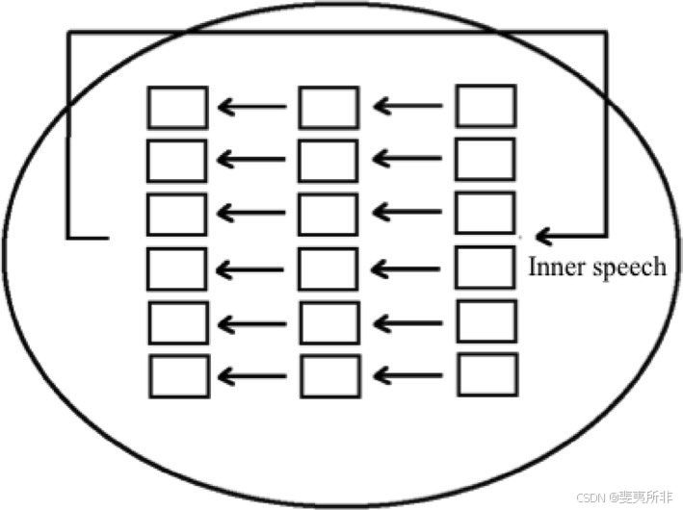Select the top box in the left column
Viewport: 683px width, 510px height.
tap(177, 107)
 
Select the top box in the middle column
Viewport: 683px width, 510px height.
tap(328, 107)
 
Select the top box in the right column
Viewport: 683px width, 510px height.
tap(486, 106)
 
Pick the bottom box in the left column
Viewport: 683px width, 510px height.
tap(179, 376)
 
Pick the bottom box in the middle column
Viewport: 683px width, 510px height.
tap(330, 376)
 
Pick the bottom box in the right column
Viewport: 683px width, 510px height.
tap(487, 374)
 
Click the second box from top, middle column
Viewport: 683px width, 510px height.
tap(328, 161)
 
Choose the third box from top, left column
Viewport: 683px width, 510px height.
tap(177, 215)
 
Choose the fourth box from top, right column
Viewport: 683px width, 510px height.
tap(485, 268)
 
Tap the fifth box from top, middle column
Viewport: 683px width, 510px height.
tap(329, 322)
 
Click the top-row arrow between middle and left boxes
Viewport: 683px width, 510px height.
tap(252, 107)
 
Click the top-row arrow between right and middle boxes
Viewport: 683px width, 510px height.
tap(408, 106)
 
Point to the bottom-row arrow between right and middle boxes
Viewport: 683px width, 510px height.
tap(408, 375)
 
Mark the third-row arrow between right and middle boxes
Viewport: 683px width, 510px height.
tap(408, 214)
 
